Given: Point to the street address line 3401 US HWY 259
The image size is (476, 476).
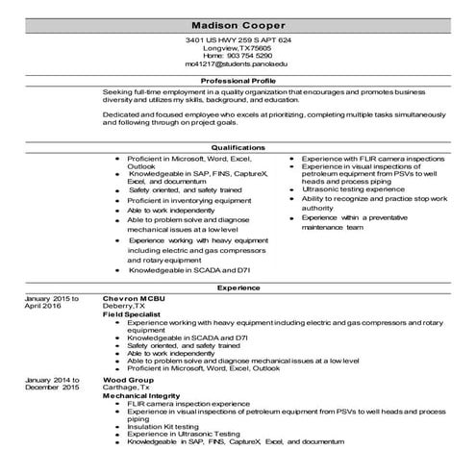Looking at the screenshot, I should (x=238, y=39).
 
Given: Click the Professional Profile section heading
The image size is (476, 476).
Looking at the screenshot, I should (x=238, y=80).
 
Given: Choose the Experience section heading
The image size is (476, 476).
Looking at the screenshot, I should (x=238, y=288).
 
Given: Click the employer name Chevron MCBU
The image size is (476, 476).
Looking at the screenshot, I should (x=134, y=298).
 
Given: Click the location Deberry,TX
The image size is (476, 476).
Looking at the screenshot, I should (x=125, y=307).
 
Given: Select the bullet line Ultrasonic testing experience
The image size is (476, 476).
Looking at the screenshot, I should (x=354, y=189).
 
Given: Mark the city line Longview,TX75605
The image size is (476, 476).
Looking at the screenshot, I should (x=238, y=47).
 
